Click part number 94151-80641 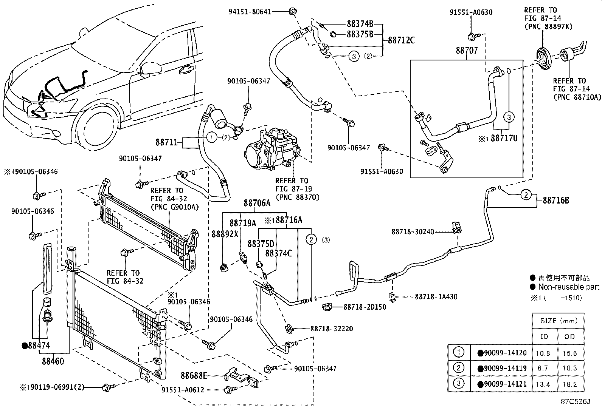pos(250,12)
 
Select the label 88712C pos(401,40)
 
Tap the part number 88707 pos(467,50)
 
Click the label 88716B pos(556,200)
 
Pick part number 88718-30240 pos(413,231)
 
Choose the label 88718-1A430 pos(436,297)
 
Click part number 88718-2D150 pos(365,307)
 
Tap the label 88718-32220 pos(332,329)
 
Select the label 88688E pos(194,376)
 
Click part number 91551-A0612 pos(183,390)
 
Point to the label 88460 pos(53,361)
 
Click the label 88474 pos(39,345)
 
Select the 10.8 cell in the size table pos(543,353)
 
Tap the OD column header pos(569,336)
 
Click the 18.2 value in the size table pos(570,384)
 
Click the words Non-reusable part pos(569,287)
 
